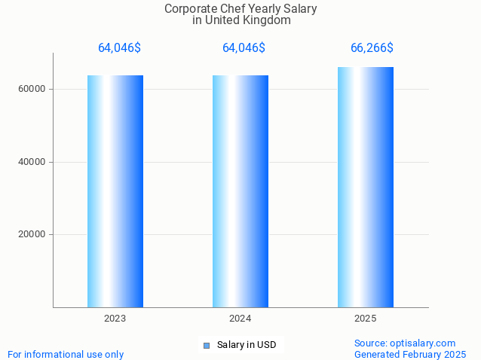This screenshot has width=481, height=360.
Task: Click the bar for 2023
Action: pyautogui.click(x=115, y=191)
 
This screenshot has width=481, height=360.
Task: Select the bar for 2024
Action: pyautogui.click(x=240, y=191)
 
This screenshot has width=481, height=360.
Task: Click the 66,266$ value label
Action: pyautogui.click(x=372, y=48)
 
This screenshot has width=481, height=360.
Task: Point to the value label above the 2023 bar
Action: pyautogui.click(x=119, y=48)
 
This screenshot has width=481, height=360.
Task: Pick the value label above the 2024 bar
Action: pyautogui.click(x=244, y=48)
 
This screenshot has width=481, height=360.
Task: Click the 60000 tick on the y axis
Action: pyautogui.click(x=32, y=89)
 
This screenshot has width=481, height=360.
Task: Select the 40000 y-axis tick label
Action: pyautogui.click(x=32, y=162)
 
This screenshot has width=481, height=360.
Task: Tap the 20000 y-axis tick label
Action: pyautogui.click(x=32, y=234)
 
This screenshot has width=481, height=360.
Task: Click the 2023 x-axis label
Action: pyautogui.click(x=115, y=319)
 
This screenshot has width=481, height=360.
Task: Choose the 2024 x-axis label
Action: pyautogui.click(x=240, y=319)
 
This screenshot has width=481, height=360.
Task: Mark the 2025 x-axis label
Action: pyautogui.click(x=366, y=319)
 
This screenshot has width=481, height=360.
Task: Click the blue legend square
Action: pyautogui.click(x=206, y=346)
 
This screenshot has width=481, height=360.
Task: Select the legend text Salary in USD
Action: pyautogui.click(x=247, y=346)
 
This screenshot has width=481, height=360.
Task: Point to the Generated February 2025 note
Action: pyautogui.click(x=410, y=354)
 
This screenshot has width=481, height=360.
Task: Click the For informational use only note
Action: pyautogui.click(x=66, y=354)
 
